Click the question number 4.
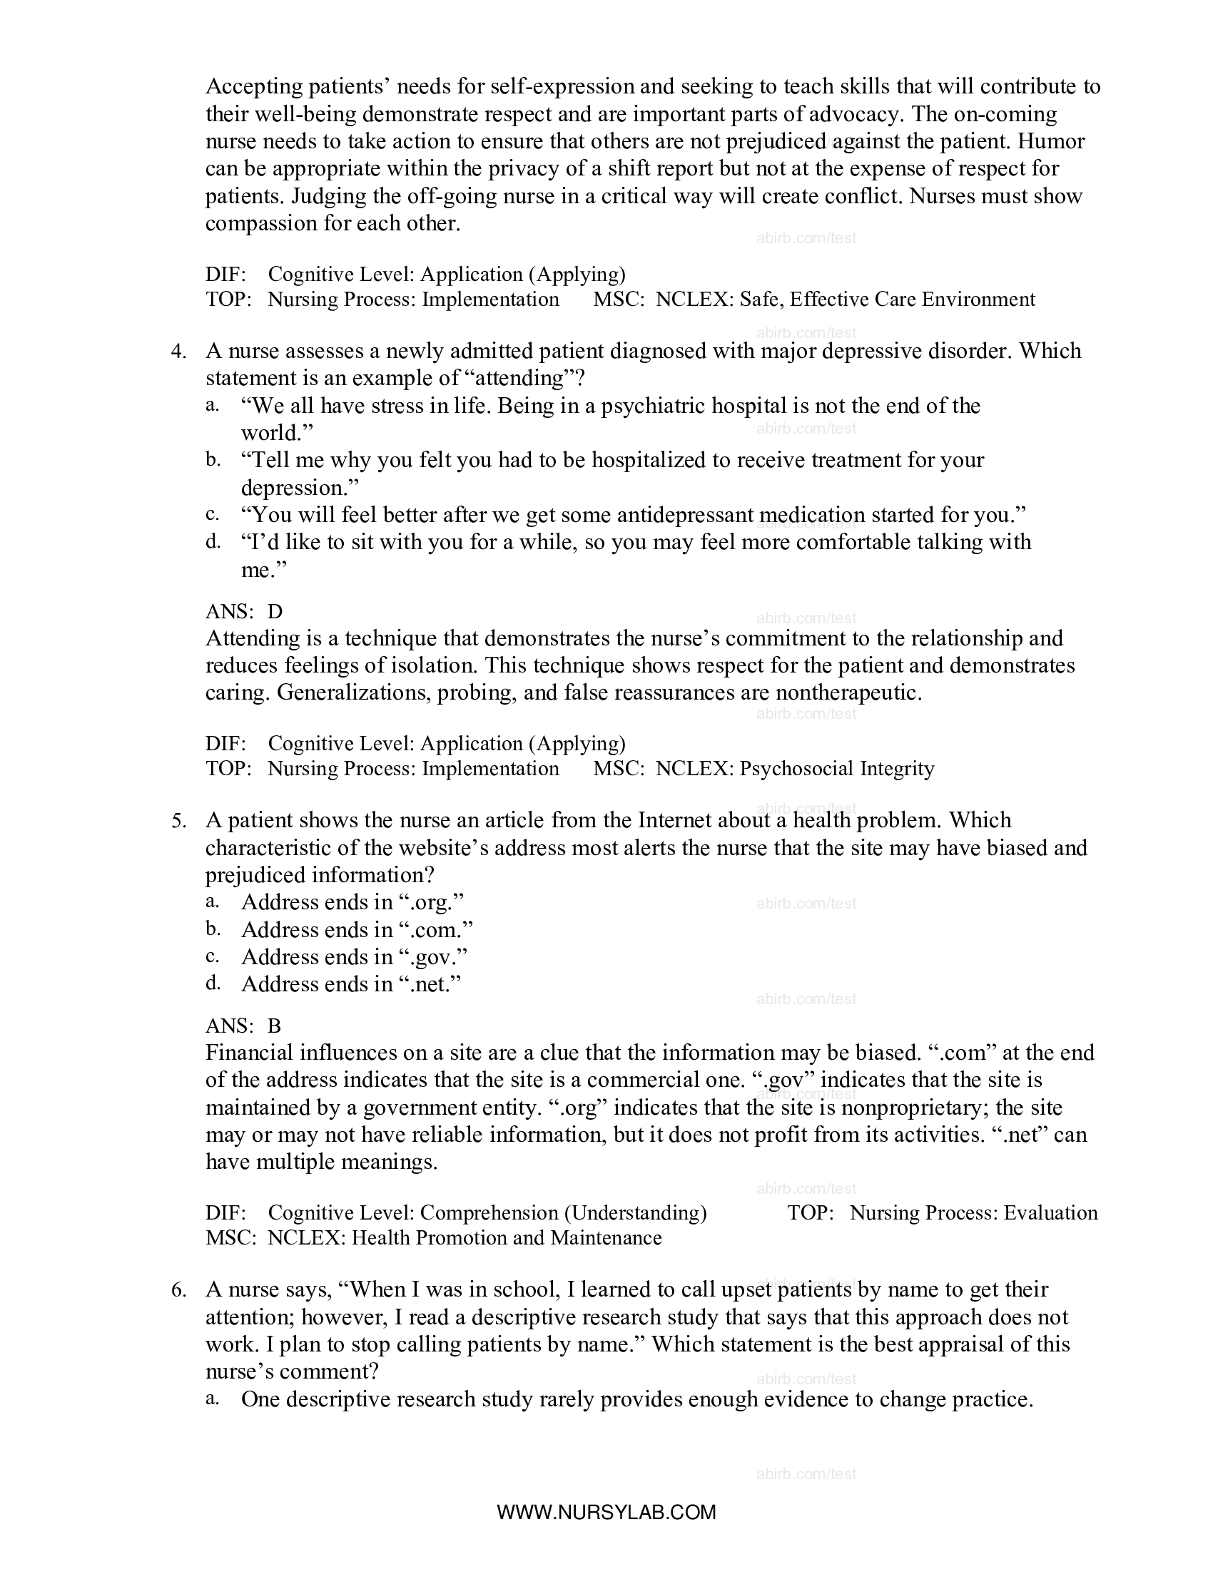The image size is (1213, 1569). point(178,352)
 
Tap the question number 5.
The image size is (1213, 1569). point(178,821)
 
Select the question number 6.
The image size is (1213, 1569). point(178,1290)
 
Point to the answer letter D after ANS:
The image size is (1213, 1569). point(275,611)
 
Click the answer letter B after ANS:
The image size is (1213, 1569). point(274,1026)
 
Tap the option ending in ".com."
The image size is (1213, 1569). point(357,929)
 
